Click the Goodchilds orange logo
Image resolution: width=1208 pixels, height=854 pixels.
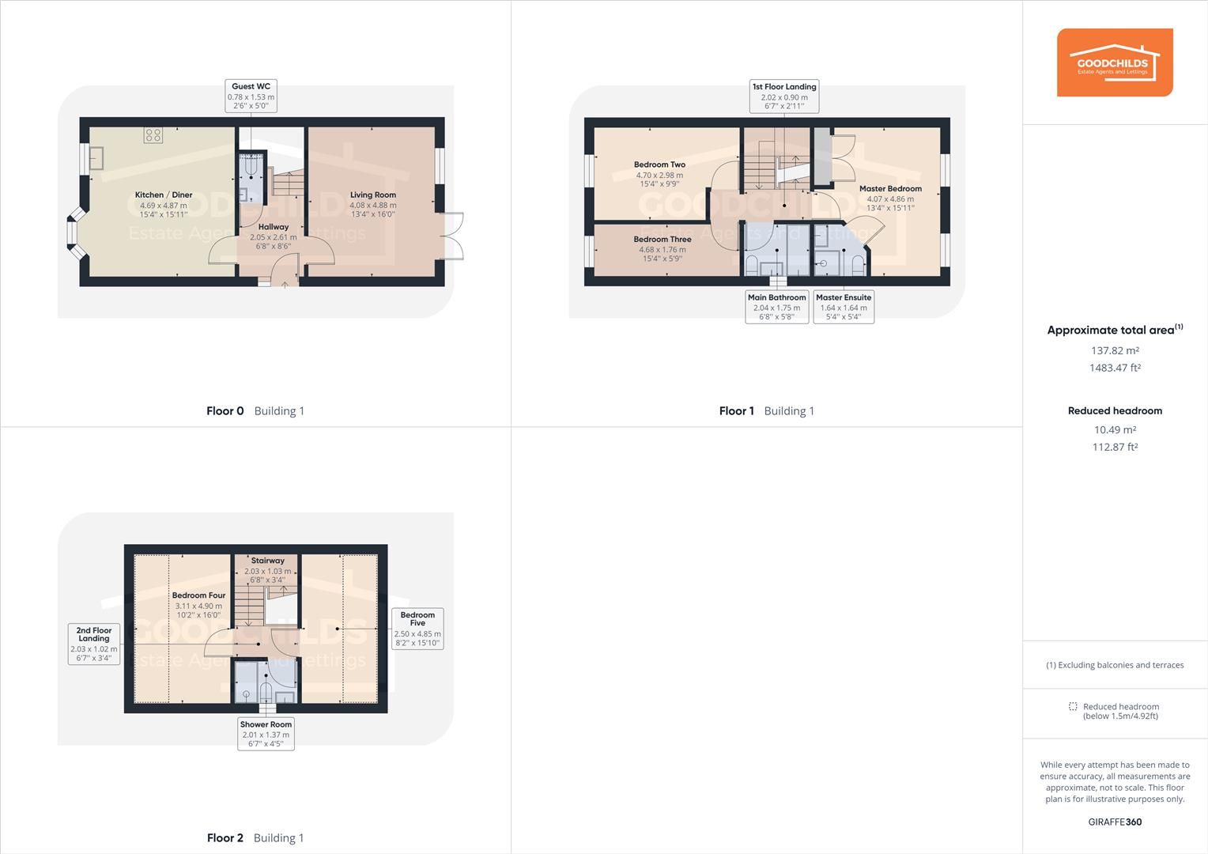(x=1115, y=62)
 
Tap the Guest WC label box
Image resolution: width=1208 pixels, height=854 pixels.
(x=251, y=96)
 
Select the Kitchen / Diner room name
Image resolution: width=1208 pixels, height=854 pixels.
(x=164, y=195)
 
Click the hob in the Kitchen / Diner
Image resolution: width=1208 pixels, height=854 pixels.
(x=153, y=135)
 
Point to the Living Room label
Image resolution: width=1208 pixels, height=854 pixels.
(x=373, y=195)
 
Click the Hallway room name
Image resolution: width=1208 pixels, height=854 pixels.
(x=274, y=227)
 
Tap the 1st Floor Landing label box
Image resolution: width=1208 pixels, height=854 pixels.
(x=784, y=96)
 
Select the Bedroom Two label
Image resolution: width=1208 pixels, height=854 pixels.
(x=659, y=165)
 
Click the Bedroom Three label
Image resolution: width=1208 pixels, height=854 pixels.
(x=663, y=240)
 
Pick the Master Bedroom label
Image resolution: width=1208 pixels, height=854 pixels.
(x=890, y=189)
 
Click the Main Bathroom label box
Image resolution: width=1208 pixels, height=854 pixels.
(x=776, y=307)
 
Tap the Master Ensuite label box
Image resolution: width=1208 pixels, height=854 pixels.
(x=844, y=307)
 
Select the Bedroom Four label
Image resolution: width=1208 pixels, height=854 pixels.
(x=198, y=595)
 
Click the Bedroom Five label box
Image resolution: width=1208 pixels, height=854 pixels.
(x=417, y=629)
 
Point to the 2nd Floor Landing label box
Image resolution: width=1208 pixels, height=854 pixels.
(x=94, y=644)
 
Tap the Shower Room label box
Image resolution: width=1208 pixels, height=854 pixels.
(x=266, y=734)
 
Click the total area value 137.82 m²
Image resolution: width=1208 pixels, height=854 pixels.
(x=1115, y=351)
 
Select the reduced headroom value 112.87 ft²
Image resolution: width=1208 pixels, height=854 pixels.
(x=1115, y=448)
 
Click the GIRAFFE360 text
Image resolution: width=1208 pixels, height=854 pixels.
(x=1115, y=822)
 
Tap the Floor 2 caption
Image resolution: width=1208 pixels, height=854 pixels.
(x=225, y=838)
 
